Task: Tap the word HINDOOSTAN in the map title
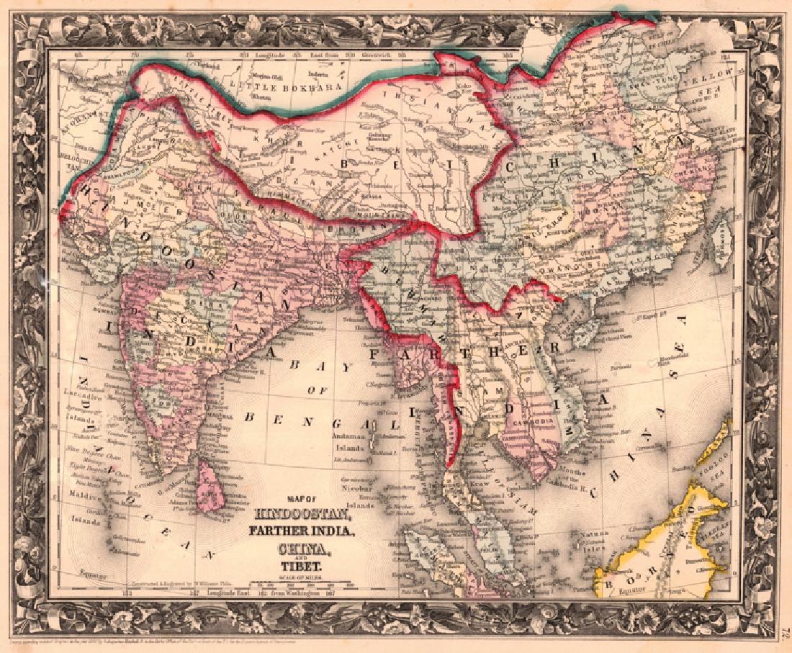(302, 516)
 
